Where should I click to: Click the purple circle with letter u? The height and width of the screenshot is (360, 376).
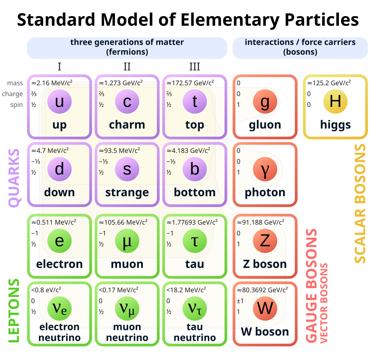pyautogui.click(x=59, y=101)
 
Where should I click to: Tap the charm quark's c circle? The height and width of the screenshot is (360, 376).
pyautogui.click(x=127, y=101)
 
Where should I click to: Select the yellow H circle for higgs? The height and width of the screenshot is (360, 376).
pyautogui.click(x=335, y=101)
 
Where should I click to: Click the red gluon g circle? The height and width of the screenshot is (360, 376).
pyautogui.click(x=265, y=101)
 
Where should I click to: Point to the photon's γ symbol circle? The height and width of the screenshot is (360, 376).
pyautogui.click(x=265, y=169)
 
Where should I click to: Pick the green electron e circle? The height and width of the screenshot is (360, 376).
pyautogui.click(x=59, y=241)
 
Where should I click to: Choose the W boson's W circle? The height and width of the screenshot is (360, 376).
pyautogui.click(x=265, y=309)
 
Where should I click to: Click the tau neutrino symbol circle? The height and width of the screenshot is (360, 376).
pyautogui.click(x=195, y=309)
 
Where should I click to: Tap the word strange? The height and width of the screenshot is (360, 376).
pyautogui.click(x=127, y=192)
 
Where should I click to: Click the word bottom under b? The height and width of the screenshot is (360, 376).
pyautogui.click(x=195, y=192)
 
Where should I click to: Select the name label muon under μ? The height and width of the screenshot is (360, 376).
pyautogui.click(x=127, y=264)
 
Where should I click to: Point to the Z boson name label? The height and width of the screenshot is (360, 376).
pyautogui.click(x=265, y=264)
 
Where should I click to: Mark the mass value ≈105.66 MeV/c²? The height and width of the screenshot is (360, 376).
pyautogui.click(x=123, y=222)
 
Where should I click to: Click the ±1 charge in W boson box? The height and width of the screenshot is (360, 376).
pyautogui.click(x=239, y=301)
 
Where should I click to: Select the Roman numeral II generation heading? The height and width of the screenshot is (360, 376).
pyautogui.click(x=127, y=66)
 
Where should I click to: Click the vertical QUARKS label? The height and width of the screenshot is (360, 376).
pyautogui.click(x=14, y=178)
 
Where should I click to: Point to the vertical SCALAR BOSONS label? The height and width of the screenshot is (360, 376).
pyautogui.click(x=360, y=204)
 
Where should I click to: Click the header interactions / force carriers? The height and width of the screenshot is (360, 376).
pyautogui.click(x=300, y=43)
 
